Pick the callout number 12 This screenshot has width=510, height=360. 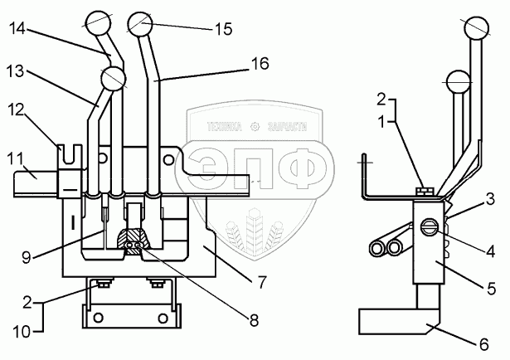click(18, 109)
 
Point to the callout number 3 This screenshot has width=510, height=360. click(492, 198)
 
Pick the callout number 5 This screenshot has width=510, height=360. click(492, 289)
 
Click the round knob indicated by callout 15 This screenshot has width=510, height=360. click(138, 22)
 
